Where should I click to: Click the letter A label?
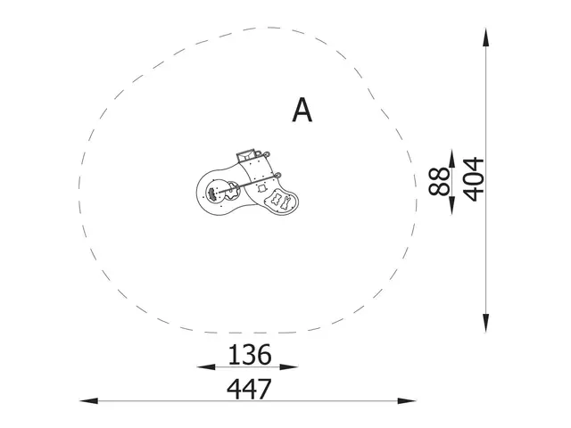click(302, 111)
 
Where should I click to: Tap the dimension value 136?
click(248, 355)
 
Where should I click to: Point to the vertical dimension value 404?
click(473, 178)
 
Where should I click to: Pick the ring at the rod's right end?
click(278, 175)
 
